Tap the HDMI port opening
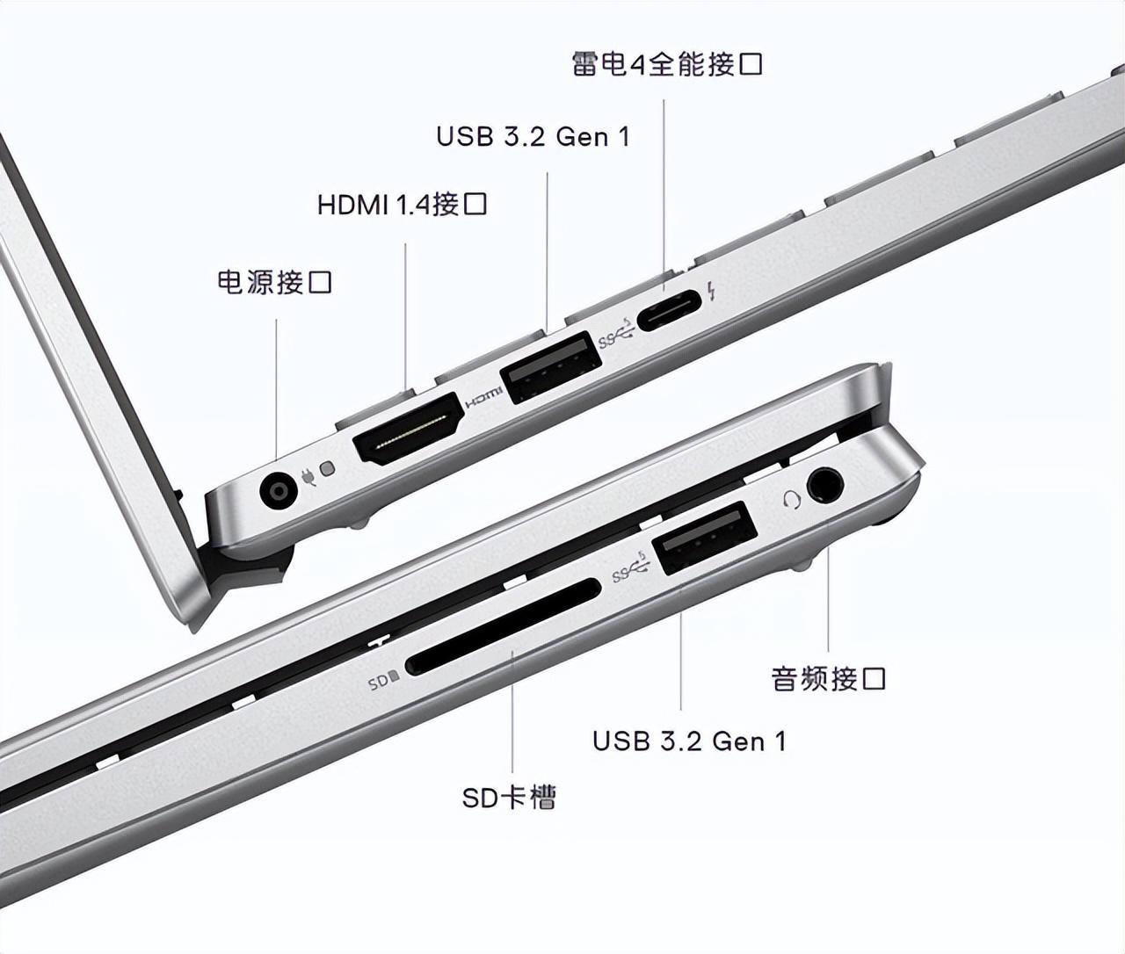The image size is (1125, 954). coord(408,429)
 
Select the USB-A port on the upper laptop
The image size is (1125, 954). coord(551,366)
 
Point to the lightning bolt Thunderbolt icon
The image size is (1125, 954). coord(711,291)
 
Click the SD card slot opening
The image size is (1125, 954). coord(504,626)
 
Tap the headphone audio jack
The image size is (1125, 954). coord(824,483)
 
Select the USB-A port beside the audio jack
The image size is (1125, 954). coord(705,538)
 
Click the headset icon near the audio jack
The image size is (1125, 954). coord(792,499)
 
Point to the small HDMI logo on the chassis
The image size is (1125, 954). coord(484,398)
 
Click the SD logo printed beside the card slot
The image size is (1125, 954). coord(383,681)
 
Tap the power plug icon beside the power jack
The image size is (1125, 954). coord(308,477)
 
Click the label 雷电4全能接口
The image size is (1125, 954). coord(666,64)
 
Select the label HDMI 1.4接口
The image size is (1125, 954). coord(402,205)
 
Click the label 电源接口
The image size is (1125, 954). coord(274,282)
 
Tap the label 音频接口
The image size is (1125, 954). coord(828,678)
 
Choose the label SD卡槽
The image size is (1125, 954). coord(509,798)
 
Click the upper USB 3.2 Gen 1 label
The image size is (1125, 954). coord(533,136)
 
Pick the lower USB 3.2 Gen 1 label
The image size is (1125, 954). coord(689,741)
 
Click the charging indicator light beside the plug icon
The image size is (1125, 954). coord(327,468)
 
